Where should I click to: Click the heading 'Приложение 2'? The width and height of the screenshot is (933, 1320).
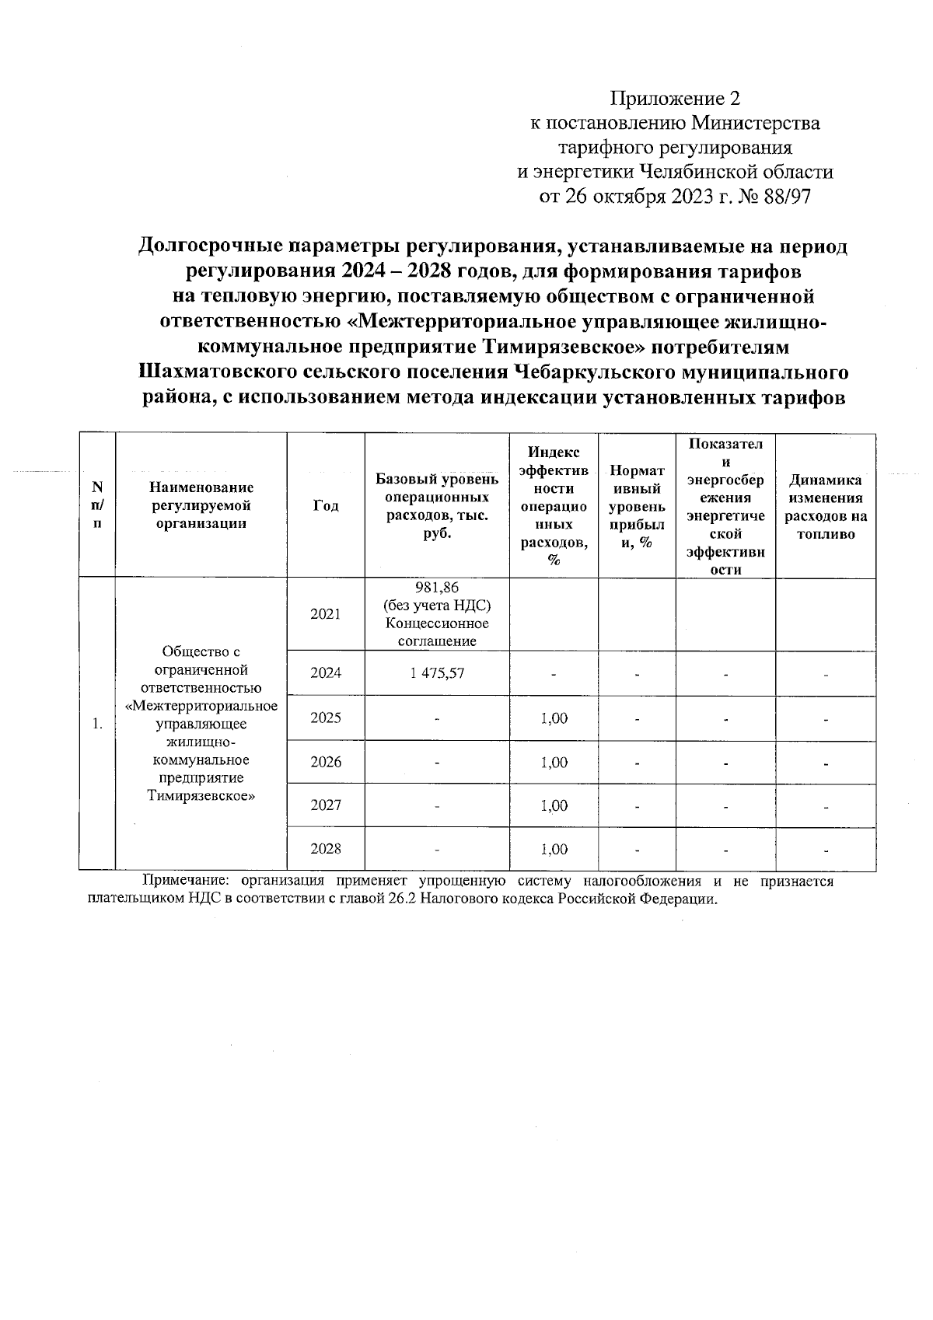[675, 99]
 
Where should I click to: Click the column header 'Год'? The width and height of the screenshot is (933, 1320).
[326, 505]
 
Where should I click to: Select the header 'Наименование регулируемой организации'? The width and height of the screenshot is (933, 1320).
[201, 505]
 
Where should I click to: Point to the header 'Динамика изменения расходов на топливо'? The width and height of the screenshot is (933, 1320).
[826, 507]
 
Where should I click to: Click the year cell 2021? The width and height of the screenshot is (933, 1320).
[326, 614]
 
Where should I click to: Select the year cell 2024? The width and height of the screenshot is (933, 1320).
[326, 673]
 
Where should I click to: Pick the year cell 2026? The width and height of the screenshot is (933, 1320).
[326, 762]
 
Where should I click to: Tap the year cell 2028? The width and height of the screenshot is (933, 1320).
[326, 849]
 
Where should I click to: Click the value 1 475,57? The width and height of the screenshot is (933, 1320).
[437, 673]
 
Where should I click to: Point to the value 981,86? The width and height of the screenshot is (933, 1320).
[438, 588]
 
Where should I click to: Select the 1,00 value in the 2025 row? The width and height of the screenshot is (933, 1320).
[554, 718]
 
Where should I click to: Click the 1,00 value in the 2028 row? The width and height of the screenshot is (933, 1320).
[554, 849]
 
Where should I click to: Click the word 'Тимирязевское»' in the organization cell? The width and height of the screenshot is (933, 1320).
[201, 796]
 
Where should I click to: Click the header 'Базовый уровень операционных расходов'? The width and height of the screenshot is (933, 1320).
[437, 505]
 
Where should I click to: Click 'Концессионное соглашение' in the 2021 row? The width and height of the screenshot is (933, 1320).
[437, 632]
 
